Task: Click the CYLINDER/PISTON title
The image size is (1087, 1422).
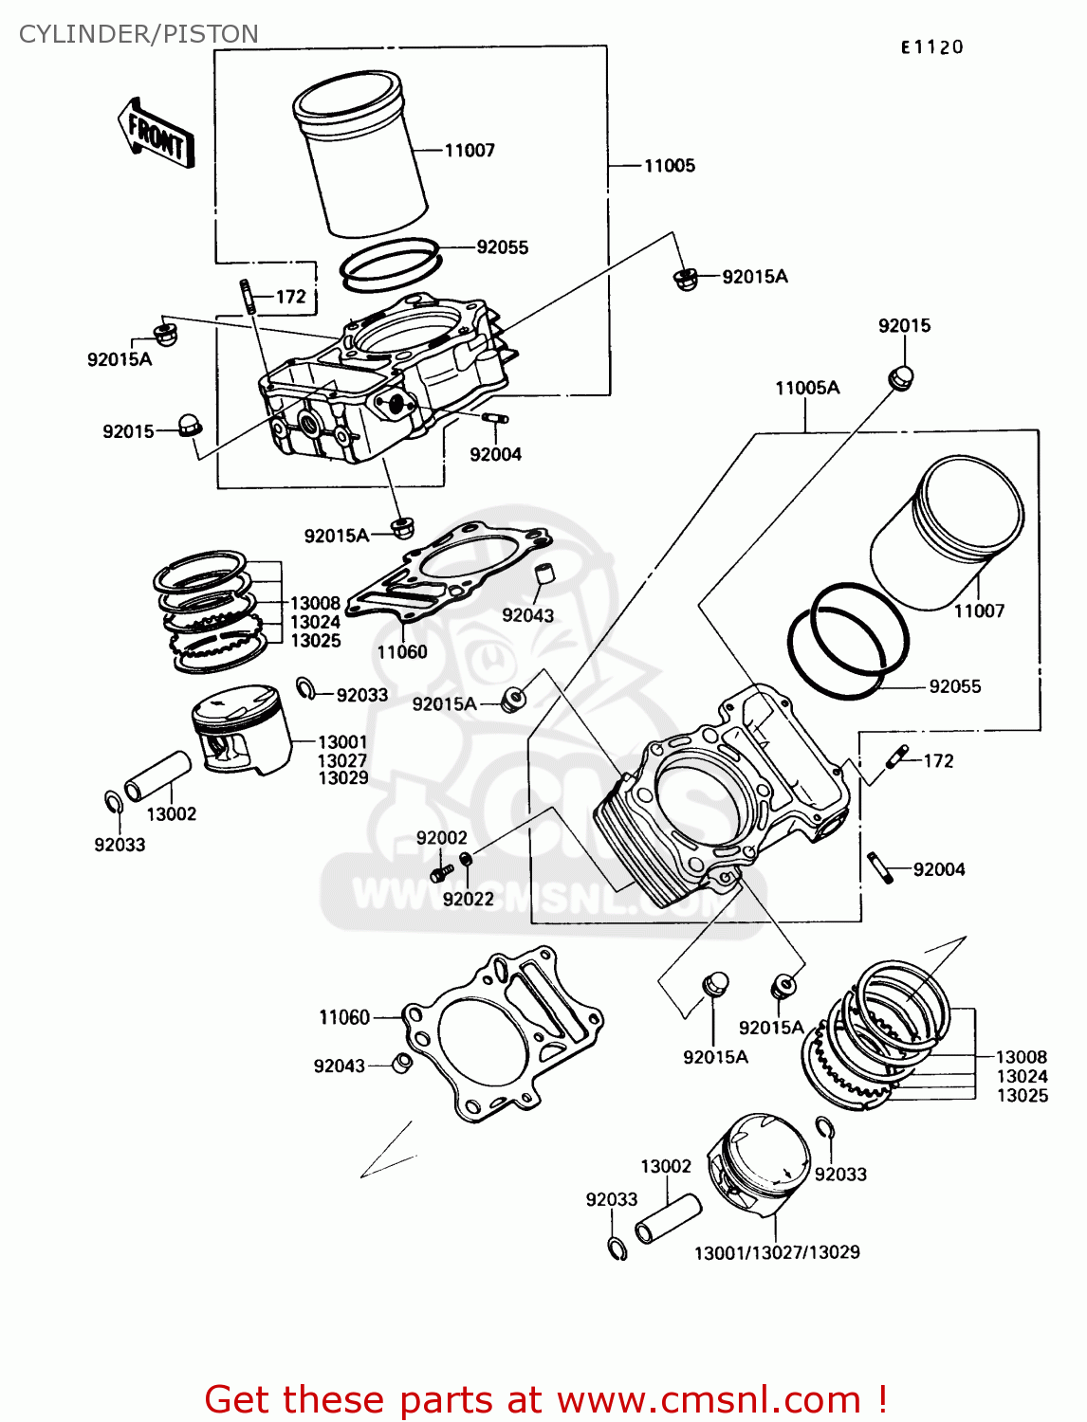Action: pyautogui.click(x=138, y=34)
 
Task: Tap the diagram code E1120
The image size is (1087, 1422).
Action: pyautogui.click(x=931, y=46)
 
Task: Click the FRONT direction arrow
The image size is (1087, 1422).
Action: pyautogui.click(x=157, y=135)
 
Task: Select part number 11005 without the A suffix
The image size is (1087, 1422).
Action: pyautogui.click(x=669, y=166)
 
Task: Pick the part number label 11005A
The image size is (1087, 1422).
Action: pyautogui.click(x=806, y=388)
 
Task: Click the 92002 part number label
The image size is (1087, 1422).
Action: pyautogui.click(x=441, y=838)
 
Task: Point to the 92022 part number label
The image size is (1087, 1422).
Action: pyautogui.click(x=468, y=899)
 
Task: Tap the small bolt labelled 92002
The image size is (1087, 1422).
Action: pyautogui.click(x=441, y=871)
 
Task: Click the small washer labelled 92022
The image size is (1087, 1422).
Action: pyautogui.click(x=466, y=859)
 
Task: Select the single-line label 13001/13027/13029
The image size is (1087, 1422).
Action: pyautogui.click(x=776, y=1252)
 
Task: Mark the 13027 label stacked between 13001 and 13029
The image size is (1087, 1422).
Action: pyautogui.click(x=341, y=760)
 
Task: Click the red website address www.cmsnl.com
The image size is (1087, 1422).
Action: pyautogui.click(x=708, y=1399)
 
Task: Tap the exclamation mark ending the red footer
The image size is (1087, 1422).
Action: pyautogui.click(x=881, y=1399)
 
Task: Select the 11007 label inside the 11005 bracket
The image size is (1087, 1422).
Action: pyautogui.click(x=470, y=150)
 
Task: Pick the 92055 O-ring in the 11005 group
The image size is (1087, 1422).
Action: pyautogui.click(x=390, y=263)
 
